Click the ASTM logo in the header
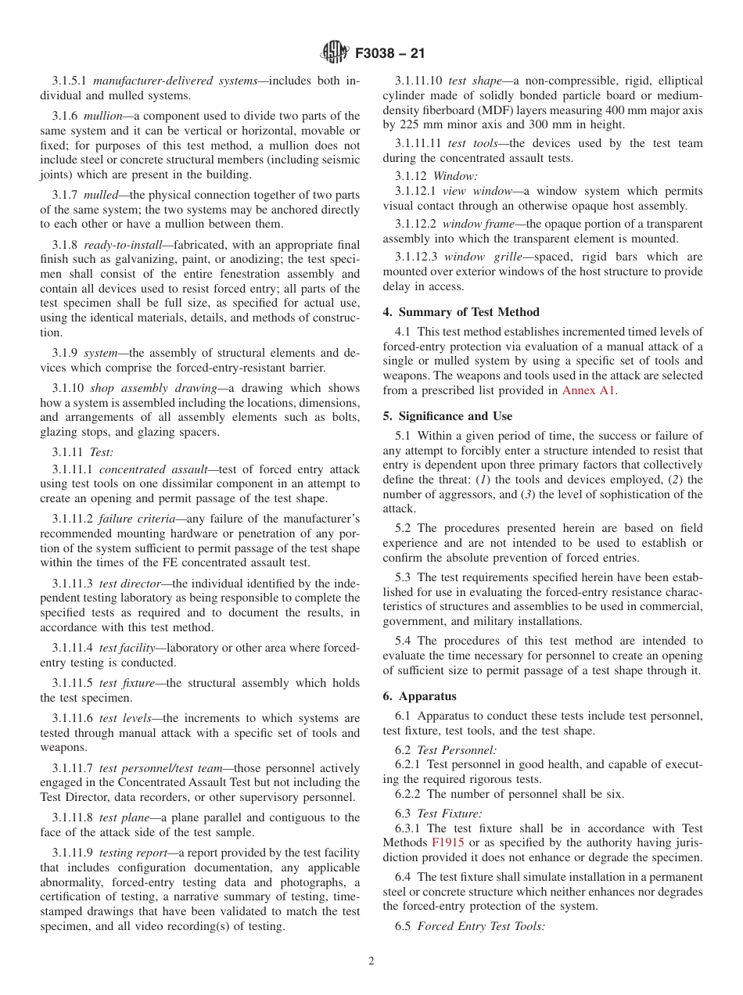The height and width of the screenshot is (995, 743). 335,53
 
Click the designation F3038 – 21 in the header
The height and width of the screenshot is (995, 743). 390,54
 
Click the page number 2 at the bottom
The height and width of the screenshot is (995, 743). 371,961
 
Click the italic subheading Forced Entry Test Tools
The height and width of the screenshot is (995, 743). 481,926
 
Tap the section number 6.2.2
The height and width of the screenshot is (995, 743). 408,794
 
